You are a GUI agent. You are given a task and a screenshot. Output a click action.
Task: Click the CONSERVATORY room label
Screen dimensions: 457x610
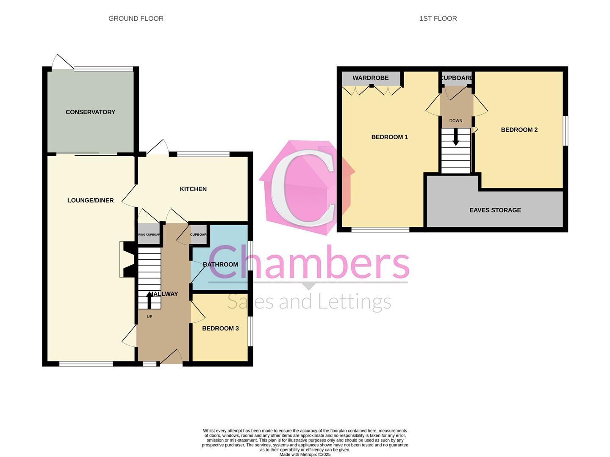[90, 112]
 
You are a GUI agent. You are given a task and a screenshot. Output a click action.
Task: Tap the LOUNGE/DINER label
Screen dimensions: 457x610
[90, 200]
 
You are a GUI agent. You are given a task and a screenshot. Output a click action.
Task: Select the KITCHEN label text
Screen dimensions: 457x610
[193, 189]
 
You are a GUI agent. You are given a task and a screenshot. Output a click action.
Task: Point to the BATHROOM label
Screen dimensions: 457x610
[220, 264]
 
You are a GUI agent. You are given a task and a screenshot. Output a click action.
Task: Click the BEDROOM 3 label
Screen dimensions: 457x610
[220, 328]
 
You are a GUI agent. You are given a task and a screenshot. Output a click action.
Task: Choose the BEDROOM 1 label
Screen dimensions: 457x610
[389, 137]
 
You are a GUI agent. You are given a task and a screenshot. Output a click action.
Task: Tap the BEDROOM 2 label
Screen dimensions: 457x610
[519, 130]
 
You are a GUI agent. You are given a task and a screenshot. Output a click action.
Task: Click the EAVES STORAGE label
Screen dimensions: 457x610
[495, 210]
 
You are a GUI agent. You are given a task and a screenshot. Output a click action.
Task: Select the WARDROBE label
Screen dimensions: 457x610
[370, 78]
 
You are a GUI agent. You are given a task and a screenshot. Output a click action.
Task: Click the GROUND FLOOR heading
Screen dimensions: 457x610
[136, 19]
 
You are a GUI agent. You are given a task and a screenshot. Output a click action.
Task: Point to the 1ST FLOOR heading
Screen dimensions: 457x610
[438, 19]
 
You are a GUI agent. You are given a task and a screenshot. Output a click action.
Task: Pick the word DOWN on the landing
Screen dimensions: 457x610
[456, 121]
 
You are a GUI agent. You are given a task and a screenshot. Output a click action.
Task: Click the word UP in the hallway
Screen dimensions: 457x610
[149, 317]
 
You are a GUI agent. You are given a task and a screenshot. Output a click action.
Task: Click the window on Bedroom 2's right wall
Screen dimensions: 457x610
[565, 131]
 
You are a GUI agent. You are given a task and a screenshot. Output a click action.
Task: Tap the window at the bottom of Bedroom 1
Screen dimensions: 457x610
[380, 230]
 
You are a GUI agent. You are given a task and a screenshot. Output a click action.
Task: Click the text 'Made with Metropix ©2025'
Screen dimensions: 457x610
[305, 454]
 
